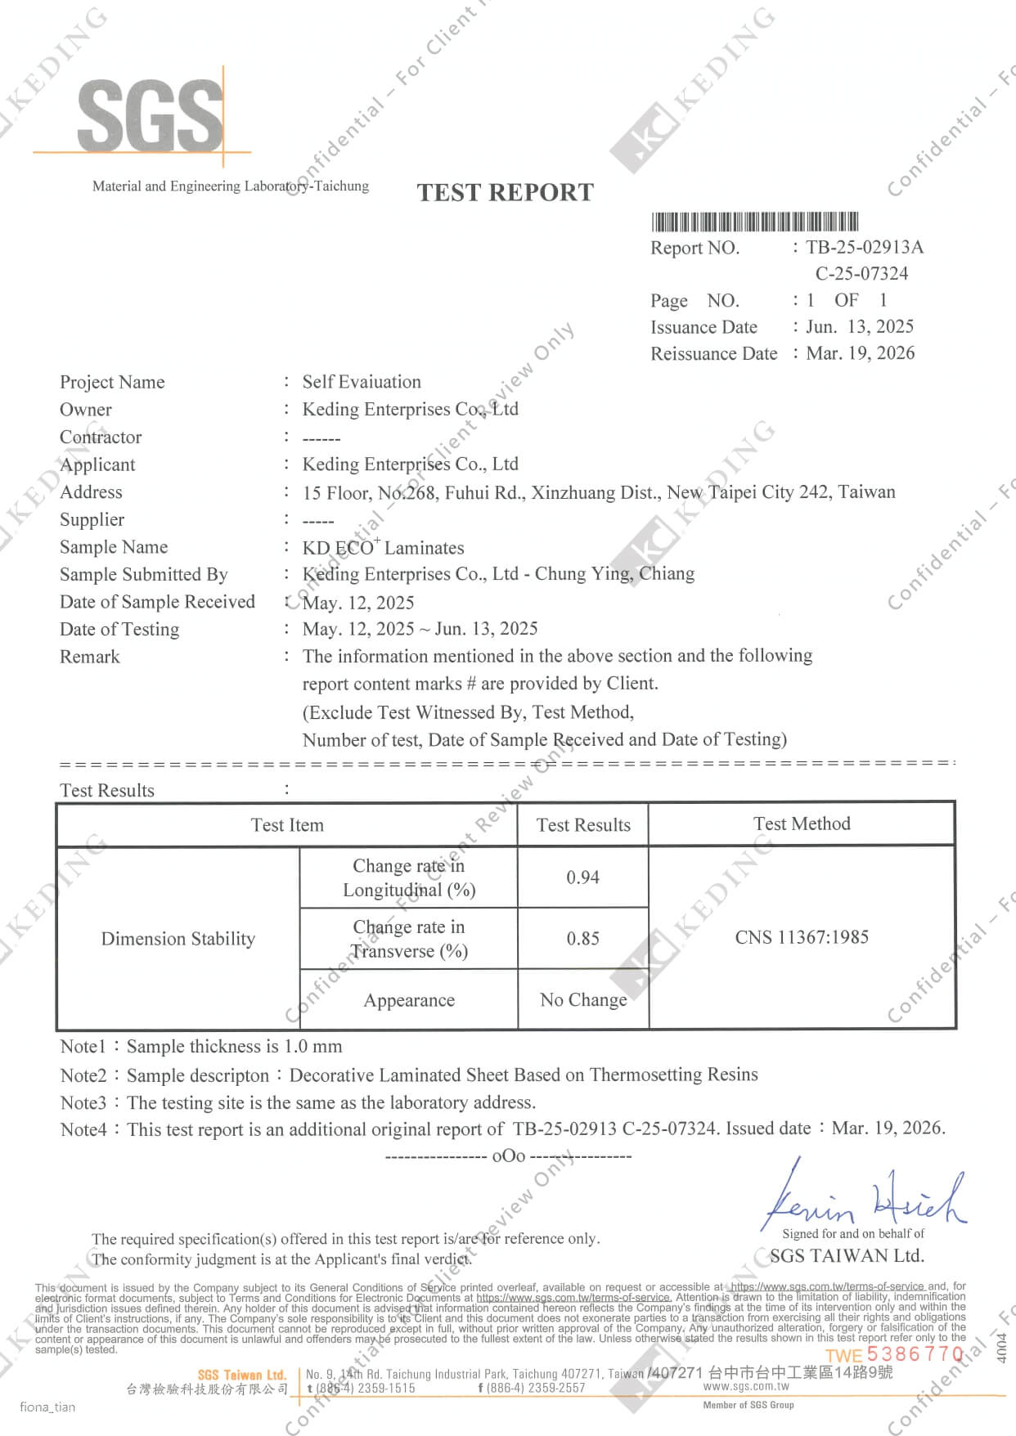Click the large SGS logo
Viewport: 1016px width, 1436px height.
pyautogui.click(x=150, y=115)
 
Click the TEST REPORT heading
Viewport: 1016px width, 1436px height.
pyautogui.click(x=505, y=192)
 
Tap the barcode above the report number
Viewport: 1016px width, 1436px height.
pyautogui.click(x=754, y=222)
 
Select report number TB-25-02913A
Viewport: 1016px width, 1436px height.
pyautogui.click(x=864, y=247)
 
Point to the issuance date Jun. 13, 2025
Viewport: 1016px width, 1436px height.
pyautogui.click(x=859, y=326)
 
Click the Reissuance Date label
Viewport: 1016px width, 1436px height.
pyautogui.click(x=713, y=353)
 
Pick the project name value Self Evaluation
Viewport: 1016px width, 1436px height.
pyautogui.click(x=362, y=382)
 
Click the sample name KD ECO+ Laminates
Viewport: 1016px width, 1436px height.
pyautogui.click(x=383, y=547)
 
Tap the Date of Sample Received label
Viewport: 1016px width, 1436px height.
pyautogui.click(x=157, y=602)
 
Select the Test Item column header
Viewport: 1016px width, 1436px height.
pyautogui.click(x=287, y=824)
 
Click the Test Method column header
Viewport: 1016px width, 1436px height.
pyautogui.click(x=802, y=823)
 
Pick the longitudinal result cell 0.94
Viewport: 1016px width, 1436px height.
pyautogui.click(x=582, y=877)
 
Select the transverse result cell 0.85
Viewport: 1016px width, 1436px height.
pyautogui.click(x=582, y=938)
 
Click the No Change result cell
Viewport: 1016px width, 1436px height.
pyautogui.click(x=583, y=999)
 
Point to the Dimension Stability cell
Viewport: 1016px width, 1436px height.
pyautogui.click(x=178, y=938)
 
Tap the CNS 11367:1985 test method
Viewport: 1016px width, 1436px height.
pyautogui.click(x=802, y=937)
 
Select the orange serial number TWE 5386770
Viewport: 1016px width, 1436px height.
pyautogui.click(x=894, y=1354)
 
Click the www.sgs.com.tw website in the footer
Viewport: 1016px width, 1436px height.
pyautogui.click(x=746, y=1386)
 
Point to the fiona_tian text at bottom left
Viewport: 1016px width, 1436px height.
pyautogui.click(x=47, y=1407)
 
